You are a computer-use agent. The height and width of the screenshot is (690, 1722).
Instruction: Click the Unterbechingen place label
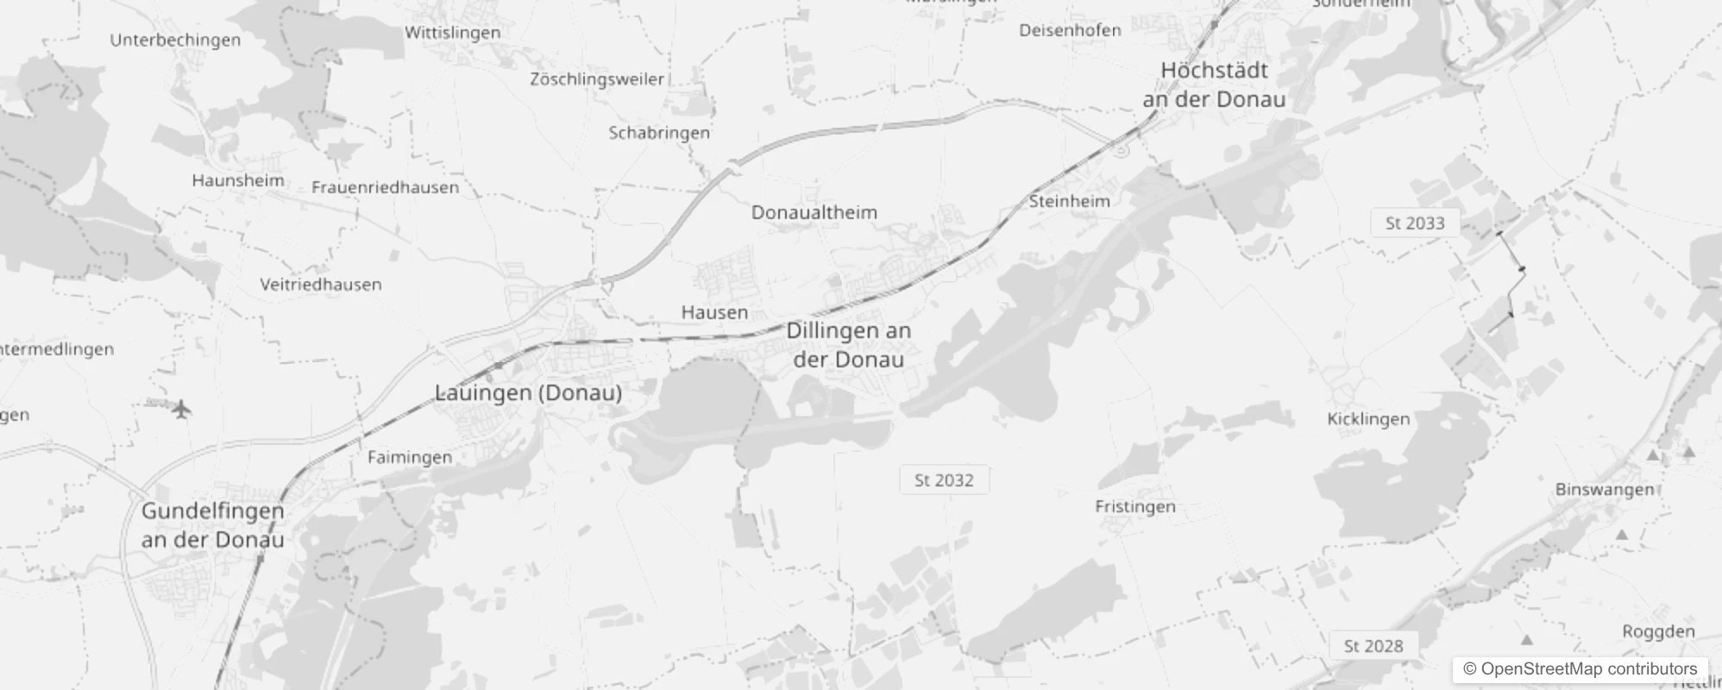coord(175,40)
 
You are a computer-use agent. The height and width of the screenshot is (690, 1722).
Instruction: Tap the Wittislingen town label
coord(453,33)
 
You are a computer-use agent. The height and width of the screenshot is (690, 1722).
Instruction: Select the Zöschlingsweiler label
coord(597,79)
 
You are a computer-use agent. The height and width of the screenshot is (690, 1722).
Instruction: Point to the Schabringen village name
coord(659,133)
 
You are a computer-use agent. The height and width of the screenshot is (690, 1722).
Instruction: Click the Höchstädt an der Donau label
coord(1214,85)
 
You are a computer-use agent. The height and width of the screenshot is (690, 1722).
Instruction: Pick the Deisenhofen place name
coord(1070,30)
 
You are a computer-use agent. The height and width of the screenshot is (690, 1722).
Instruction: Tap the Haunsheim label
coord(238,180)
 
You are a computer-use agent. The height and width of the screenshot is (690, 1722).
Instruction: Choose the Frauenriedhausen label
coord(385,187)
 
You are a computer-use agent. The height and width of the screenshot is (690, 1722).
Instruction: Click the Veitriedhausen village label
coord(321,285)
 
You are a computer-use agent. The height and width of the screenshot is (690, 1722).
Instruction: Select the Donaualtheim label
coord(814,212)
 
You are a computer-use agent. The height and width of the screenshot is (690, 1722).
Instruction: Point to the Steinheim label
coord(1070,201)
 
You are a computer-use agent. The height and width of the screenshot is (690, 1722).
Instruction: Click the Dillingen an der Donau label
coord(849,344)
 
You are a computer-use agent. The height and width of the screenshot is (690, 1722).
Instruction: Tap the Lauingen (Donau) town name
coord(528,392)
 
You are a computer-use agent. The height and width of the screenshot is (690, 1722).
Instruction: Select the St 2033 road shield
coord(1415,223)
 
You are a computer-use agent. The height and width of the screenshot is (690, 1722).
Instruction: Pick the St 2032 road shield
coord(944,480)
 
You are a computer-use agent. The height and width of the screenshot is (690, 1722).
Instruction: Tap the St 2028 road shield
coord(1373,646)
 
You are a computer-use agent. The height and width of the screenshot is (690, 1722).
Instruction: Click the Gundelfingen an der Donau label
coord(213,525)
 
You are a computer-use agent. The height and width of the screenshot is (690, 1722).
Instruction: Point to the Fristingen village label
coord(1135,506)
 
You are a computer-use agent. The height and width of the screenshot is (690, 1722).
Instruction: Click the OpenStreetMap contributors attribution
coord(1581,669)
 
